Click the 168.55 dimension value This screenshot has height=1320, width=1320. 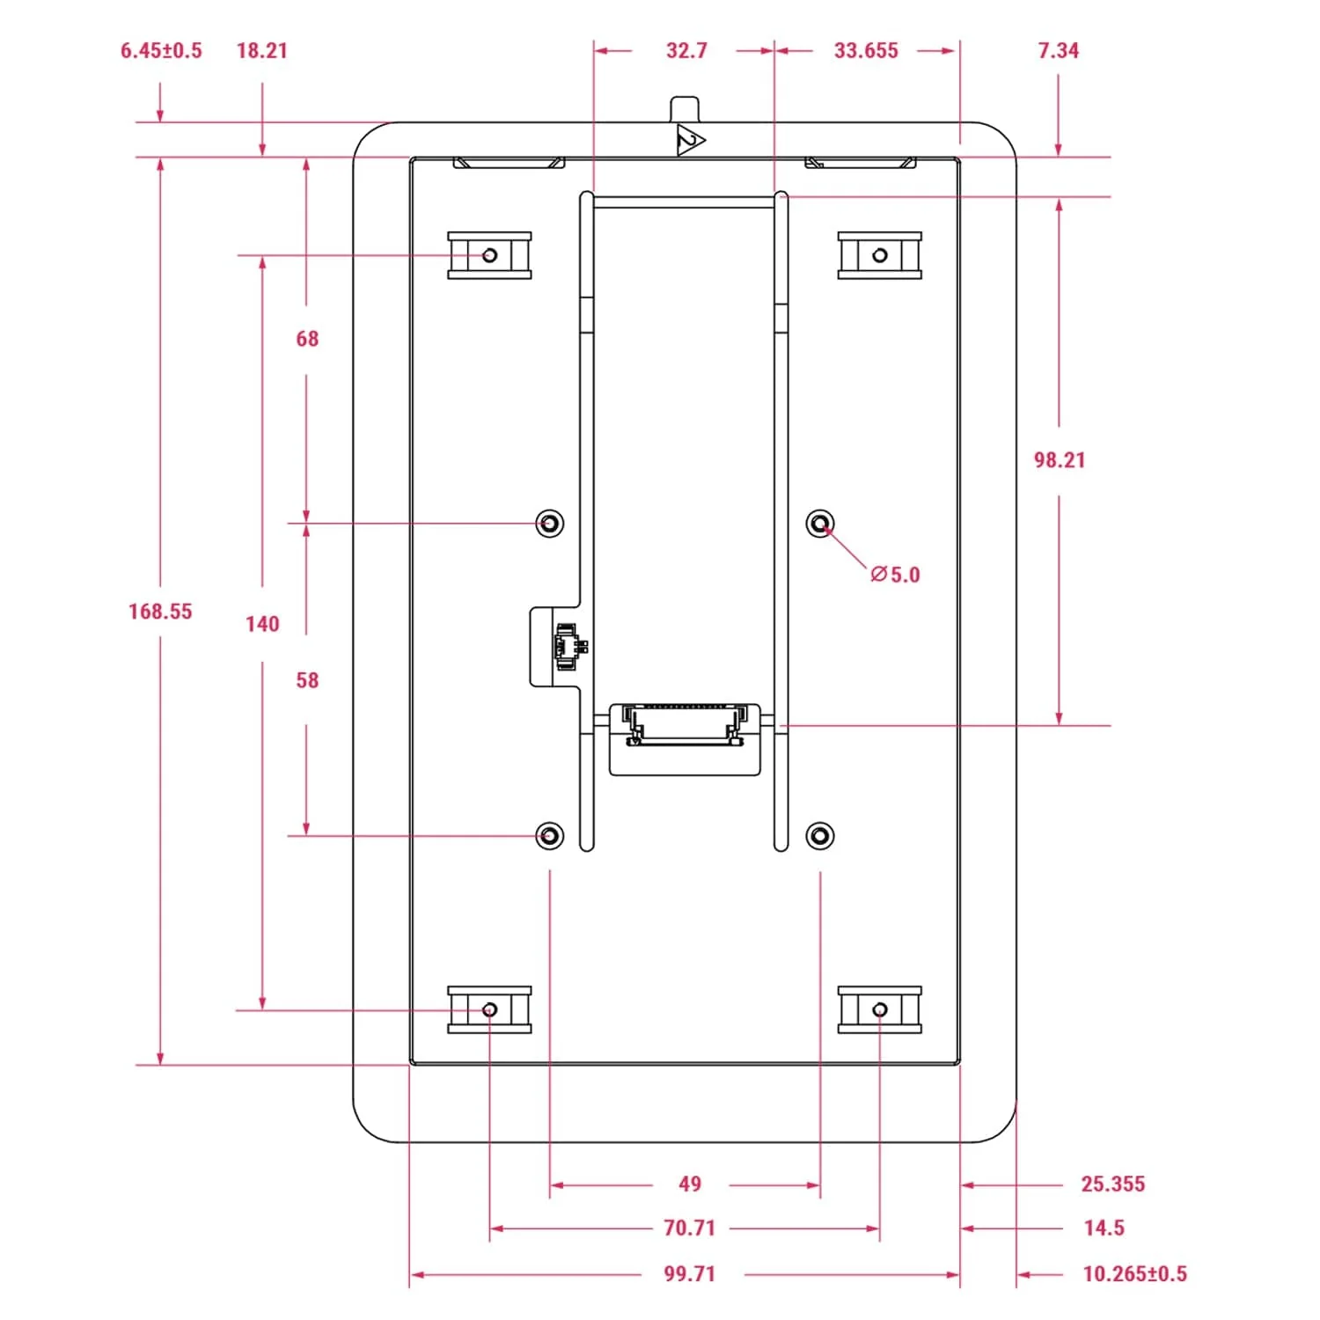pos(160,611)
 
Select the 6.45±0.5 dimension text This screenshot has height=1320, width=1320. pos(161,50)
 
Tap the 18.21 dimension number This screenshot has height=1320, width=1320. pos(262,50)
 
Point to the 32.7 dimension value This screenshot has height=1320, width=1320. pos(686,50)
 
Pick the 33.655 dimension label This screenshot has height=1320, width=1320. pos(866,50)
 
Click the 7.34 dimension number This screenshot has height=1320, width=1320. pos(1058,50)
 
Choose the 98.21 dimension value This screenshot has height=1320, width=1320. pos(1060,459)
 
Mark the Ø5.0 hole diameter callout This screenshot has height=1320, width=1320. pos(895,575)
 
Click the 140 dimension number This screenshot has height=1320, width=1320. pos(262,624)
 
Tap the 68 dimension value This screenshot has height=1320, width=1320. pos(307,339)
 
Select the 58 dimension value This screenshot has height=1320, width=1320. pos(307,680)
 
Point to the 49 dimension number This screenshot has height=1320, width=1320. pos(690,1184)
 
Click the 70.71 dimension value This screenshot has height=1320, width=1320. pos(689,1228)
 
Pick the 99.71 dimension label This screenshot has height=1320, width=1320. pos(689,1273)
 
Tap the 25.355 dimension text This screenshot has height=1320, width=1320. pos(1113,1184)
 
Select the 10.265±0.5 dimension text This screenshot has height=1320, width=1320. pos(1134,1273)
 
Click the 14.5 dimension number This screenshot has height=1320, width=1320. pos(1104,1228)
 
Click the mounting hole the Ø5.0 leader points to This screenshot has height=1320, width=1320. pos(820,524)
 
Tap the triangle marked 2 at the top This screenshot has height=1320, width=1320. pos(689,141)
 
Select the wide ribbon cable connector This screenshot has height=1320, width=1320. pos(685,724)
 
